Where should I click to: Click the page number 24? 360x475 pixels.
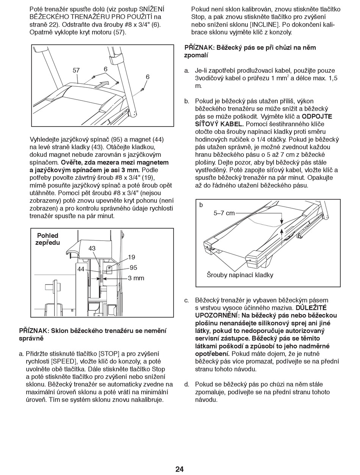click(180, 469)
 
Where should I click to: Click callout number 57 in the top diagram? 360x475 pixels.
click(76, 70)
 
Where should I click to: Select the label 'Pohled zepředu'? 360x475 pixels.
click(48, 239)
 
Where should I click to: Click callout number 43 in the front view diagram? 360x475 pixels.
click(92, 248)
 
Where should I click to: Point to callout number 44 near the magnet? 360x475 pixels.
click(81, 269)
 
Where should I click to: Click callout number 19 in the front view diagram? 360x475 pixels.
click(131, 258)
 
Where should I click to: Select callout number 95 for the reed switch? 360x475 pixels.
click(133, 267)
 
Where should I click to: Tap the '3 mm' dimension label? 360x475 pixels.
click(136, 278)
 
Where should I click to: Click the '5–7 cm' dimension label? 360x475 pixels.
click(224, 213)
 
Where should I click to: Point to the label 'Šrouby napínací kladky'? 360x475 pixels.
click(240, 275)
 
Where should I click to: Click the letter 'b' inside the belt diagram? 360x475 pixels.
click(201, 205)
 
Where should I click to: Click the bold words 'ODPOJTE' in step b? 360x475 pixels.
click(317, 116)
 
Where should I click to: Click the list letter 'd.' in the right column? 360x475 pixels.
click(186, 384)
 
